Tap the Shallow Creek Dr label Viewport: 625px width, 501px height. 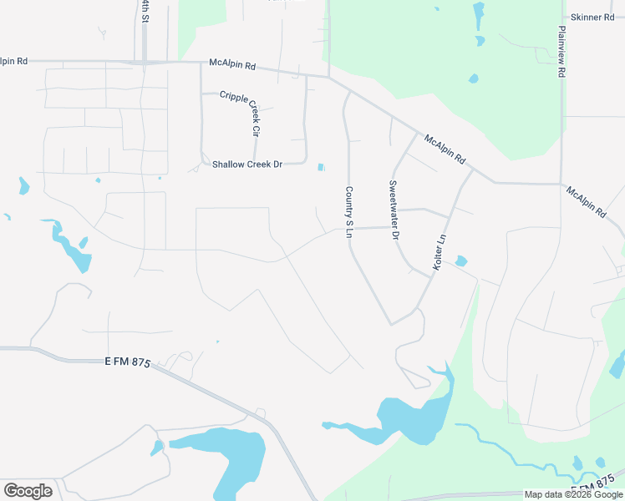[247, 164]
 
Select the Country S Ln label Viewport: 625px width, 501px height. [348, 212]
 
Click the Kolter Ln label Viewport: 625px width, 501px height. [441, 250]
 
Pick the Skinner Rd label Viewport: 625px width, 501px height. [592, 18]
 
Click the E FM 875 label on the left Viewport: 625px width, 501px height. [126, 361]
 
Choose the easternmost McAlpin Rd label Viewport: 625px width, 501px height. [585, 203]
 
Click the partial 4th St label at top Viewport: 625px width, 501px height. [145, 11]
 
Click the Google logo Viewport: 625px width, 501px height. [28, 490]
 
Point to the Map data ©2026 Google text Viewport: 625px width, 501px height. [573, 494]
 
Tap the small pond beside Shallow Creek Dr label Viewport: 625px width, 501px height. [322, 168]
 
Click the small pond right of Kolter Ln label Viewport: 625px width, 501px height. [461, 261]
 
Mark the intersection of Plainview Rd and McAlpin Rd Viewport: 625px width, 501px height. [560, 183]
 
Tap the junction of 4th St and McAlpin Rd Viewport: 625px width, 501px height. [145, 62]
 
